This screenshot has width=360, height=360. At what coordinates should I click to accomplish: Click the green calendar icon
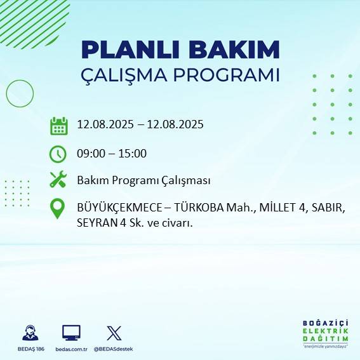(58, 126)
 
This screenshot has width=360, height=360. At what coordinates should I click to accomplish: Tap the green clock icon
(58, 154)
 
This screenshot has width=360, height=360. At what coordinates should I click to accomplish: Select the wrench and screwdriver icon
(58, 180)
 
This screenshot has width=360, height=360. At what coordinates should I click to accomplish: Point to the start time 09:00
(90, 153)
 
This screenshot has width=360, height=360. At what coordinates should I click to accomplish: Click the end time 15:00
(133, 153)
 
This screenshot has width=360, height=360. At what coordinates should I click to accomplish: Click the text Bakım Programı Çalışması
(143, 180)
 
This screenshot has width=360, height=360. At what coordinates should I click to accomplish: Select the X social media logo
(114, 333)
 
